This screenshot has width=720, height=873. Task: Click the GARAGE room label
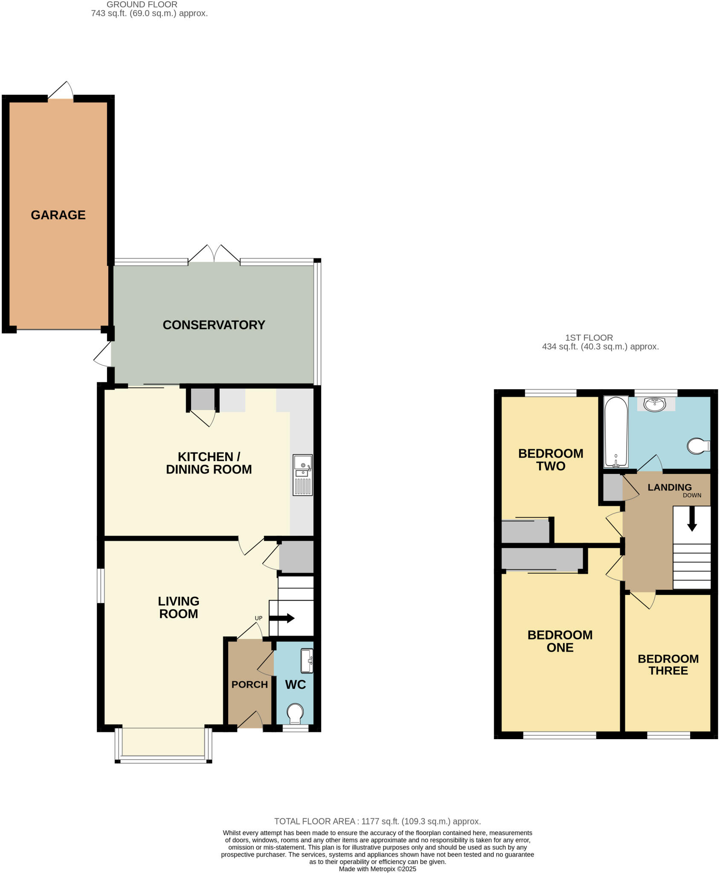(x=58, y=215)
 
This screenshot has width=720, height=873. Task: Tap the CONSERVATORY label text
(x=214, y=325)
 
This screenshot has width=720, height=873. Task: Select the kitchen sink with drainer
(x=302, y=475)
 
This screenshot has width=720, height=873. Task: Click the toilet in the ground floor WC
(x=295, y=713)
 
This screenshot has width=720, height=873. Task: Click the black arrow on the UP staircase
(x=282, y=618)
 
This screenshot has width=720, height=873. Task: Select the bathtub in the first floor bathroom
(x=616, y=431)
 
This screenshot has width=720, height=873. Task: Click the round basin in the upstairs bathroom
(x=655, y=404)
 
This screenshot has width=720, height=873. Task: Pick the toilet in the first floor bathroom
(x=698, y=446)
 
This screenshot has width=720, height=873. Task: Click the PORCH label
(x=250, y=685)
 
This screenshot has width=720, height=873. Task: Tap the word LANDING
(x=669, y=487)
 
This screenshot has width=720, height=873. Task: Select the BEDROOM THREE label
(x=668, y=665)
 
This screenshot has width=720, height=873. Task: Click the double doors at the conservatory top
(x=214, y=254)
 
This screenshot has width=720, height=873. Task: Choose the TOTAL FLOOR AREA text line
(x=377, y=821)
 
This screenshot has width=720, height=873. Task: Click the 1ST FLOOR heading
(x=589, y=338)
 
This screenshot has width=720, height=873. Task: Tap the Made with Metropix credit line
(x=377, y=869)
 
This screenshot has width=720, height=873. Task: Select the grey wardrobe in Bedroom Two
(x=525, y=531)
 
